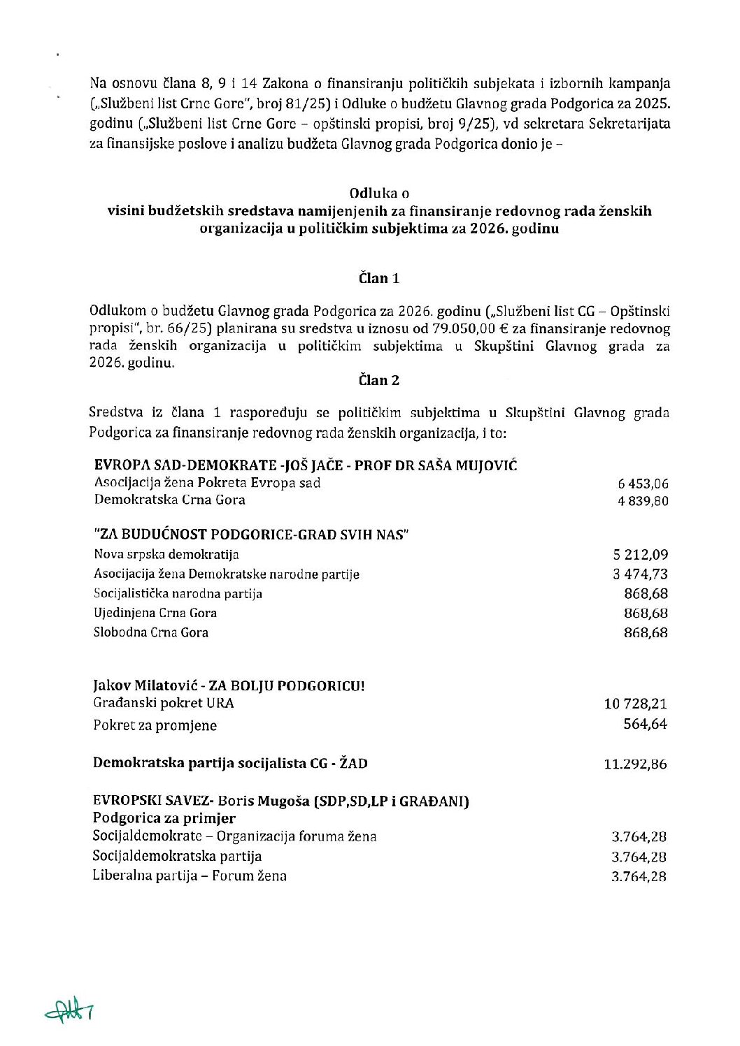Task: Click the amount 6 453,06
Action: [643, 484]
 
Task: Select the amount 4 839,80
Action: [643, 501]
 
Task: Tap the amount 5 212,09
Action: [641, 555]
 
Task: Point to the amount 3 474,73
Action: [641, 574]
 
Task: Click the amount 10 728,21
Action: [636, 704]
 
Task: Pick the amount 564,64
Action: [645, 724]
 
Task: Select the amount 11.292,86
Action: [635, 764]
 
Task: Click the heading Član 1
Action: [379, 278]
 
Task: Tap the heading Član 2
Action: [379, 380]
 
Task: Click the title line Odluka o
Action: [379, 193]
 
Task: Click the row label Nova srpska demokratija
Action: [166, 555]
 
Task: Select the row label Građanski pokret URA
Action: [164, 704]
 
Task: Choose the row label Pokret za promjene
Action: [155, 725]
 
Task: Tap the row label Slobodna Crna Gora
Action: [151, 632]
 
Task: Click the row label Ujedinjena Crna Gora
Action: [155, 613]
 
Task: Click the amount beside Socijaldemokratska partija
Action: [639, 857]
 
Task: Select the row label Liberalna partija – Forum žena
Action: [190, 876]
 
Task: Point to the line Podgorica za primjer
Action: [164, 818]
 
